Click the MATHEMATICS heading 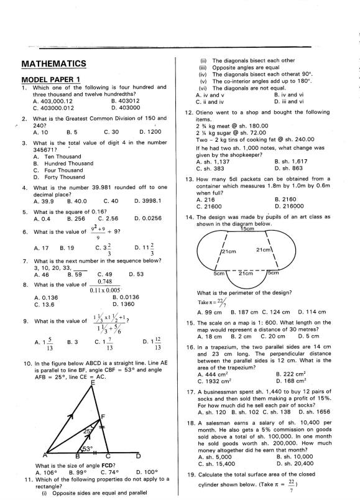coord(53,63)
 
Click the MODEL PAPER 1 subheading coord(51,80)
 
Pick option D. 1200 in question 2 coord(150,132)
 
